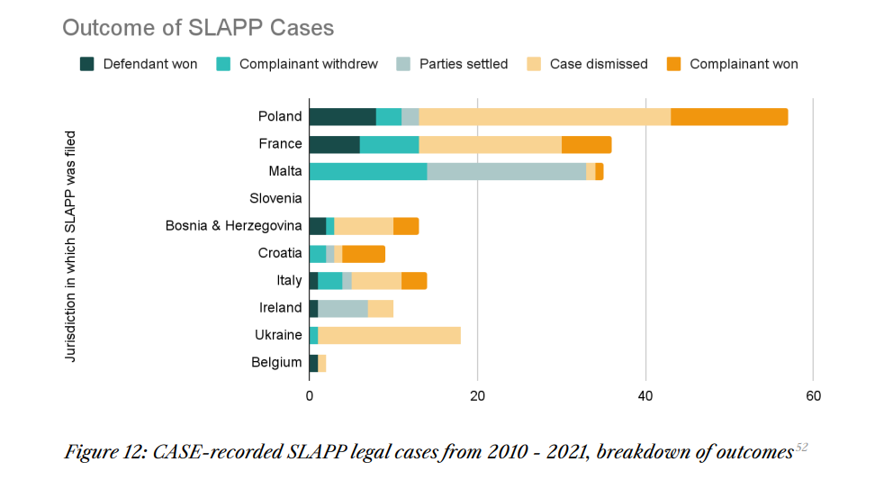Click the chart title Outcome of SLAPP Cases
click(198, 28)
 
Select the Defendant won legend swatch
click(87, 64)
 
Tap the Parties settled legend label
click(464, 64)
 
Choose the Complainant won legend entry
click(744, 64)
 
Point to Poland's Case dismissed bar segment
click(545, 116)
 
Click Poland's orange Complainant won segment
click(729, 116)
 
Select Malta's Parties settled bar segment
click(506, 171)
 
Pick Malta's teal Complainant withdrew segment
click(367, 171)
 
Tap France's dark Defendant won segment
click(334, 144)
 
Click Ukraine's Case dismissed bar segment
click(389, 335)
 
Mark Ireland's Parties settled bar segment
click(343, 308)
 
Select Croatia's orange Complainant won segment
click(364, 253)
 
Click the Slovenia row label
click(275, 198)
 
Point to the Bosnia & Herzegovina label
click(233, 225)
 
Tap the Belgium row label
click(276, 362)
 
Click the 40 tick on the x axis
click(645, 395)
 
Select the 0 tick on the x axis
click(309, 395)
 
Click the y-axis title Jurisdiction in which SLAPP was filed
click(71, 247)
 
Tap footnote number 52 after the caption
click(801, 447)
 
